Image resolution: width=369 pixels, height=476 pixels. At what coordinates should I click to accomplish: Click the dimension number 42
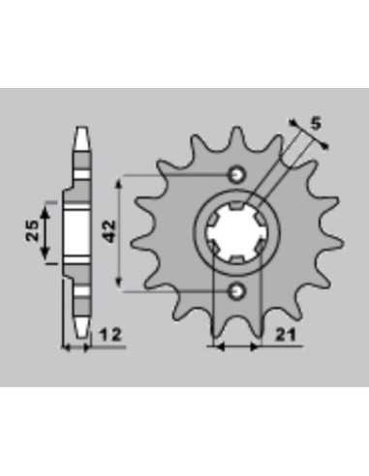109,231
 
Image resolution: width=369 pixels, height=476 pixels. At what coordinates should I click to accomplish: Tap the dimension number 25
32,230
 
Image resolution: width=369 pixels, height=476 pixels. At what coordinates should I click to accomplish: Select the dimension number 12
110,335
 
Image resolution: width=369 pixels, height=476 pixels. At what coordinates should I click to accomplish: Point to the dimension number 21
286,335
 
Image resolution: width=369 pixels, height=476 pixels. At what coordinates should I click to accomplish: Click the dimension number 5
316,124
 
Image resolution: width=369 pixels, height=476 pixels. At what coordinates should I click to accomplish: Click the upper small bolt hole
237,175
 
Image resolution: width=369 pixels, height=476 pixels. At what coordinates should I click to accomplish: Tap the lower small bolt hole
237,291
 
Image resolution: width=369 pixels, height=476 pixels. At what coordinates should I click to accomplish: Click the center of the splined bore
236,233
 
